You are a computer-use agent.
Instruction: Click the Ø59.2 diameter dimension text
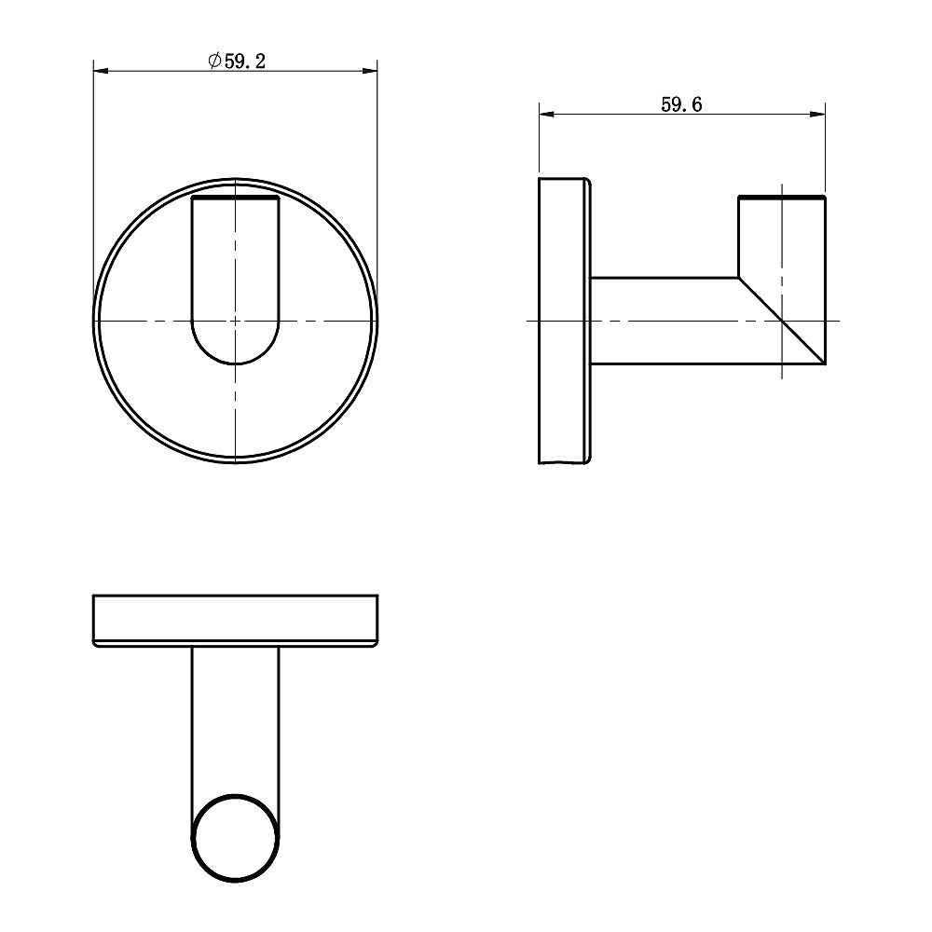click(x=237, y=61)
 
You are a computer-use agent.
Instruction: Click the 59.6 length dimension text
click(x=682, y=104)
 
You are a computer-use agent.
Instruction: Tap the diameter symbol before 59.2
click(x=214, y=61)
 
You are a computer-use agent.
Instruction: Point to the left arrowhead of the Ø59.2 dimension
click(x=101, y=72)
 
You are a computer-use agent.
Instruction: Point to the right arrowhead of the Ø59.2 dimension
click(x=370, y=72)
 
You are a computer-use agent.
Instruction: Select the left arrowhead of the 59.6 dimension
click(x=547, y=114)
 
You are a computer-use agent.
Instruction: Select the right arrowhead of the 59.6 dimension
click(x=817, y=114)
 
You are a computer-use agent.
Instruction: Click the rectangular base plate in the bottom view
click(x=236, y=620)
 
